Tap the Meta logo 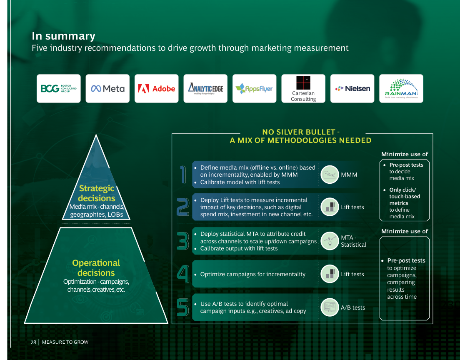(x=107, y=88)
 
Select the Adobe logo (x=156, y=88)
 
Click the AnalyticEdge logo (x=205, y=88)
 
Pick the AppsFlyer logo (x=254, y=88)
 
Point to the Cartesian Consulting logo (x=303, y=88)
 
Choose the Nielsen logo (x=352, y=88)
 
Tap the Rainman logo (x=401, y=88)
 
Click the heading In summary (x=63, y=36)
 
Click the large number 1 (x=182, y=174)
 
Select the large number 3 (x=182, y=241)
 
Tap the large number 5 (x=182, y=307)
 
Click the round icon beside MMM (x=330, y=175)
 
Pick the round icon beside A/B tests (x=330, y=307)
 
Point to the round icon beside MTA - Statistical (x=330, y=241)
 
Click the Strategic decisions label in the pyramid (x=96, y=193)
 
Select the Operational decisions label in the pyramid (x=96, y=268)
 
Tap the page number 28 (x=33, y=342)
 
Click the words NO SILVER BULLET (x=301, y=132)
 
